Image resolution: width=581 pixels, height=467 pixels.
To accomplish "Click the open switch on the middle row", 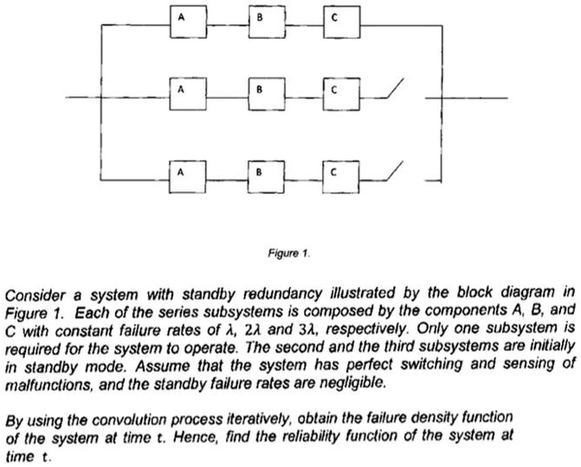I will tap(393, 91).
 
